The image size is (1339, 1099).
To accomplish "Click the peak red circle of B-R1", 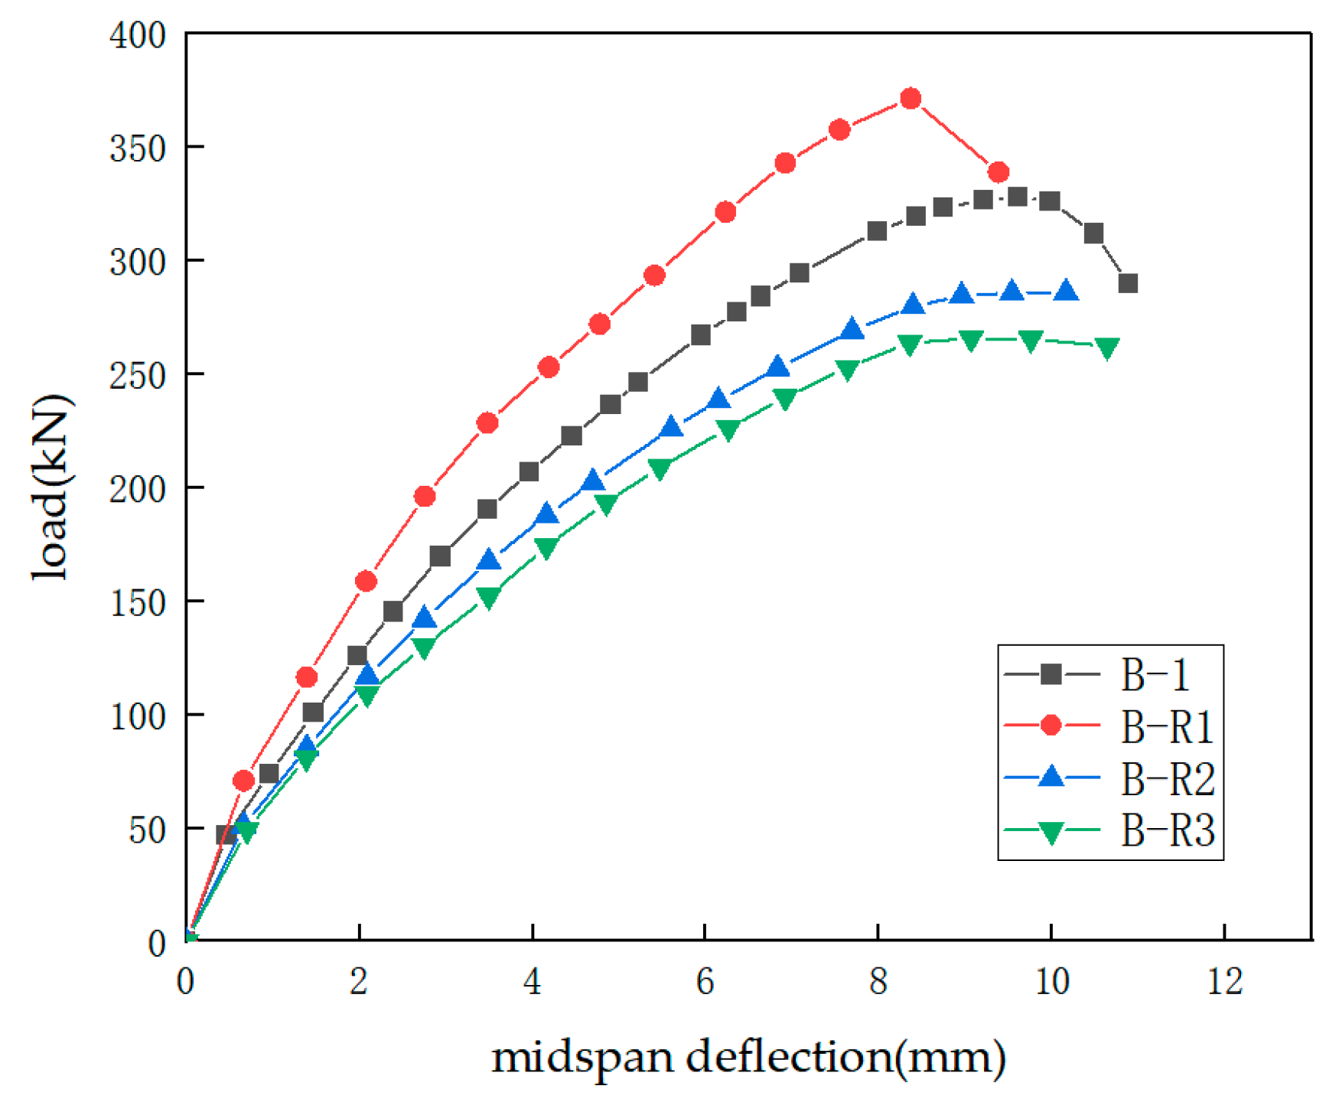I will coord(911,99).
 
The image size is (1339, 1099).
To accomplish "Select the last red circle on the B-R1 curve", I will coord(999,173).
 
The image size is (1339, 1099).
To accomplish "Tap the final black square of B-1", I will coord(1128,284).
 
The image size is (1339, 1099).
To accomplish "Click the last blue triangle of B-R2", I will coord(1067,292).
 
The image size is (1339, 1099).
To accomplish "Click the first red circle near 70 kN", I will coord(243,781).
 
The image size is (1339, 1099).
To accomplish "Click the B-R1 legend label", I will coord(1167,727).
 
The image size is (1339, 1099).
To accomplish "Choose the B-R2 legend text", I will coord(1168,779).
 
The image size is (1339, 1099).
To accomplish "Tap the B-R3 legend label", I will coord(1168,830).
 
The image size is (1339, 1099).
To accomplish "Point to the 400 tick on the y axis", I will coord(138,35).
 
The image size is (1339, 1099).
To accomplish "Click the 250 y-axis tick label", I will coord(138,376).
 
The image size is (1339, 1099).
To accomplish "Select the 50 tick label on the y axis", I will coord(147,830).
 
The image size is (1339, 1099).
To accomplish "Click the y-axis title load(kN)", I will coord(52,488).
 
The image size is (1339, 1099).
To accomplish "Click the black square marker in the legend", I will coord(1051,674).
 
